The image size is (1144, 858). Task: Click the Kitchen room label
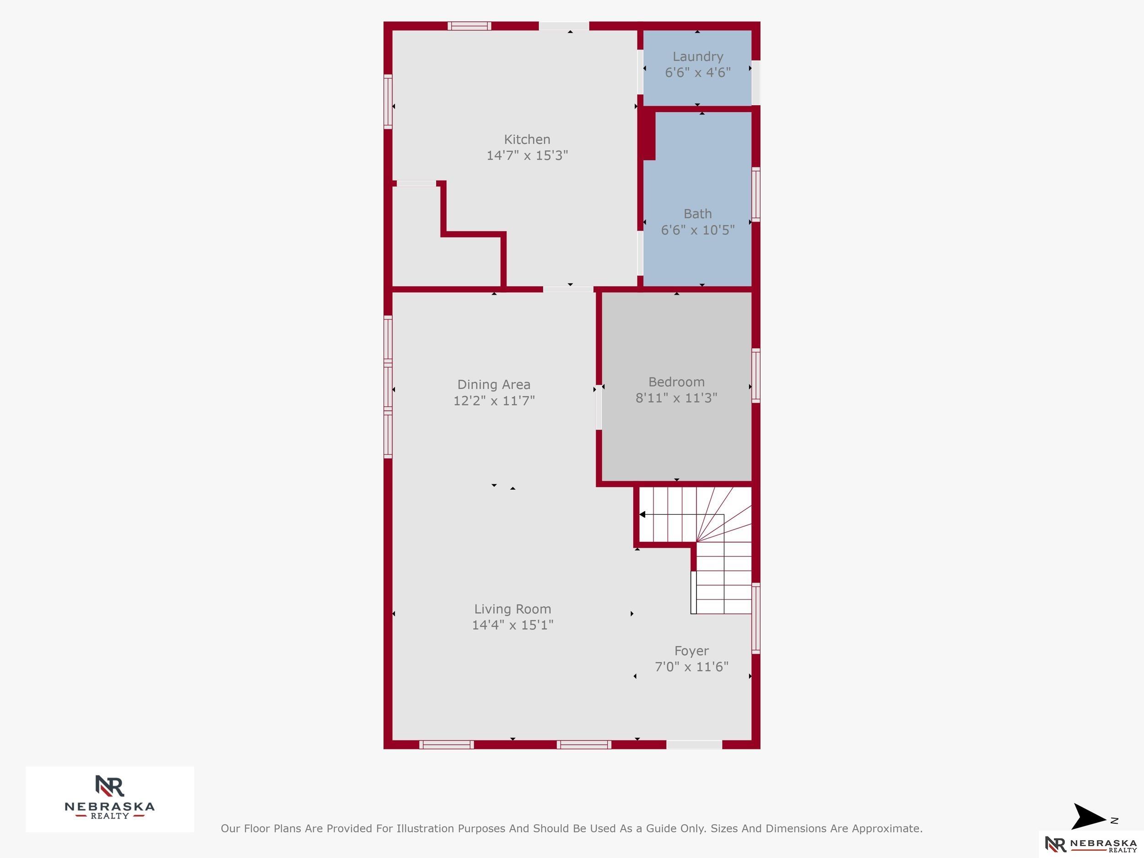click(x=527, y=140)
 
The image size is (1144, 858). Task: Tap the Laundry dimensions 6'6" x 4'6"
click(x=698, y=72)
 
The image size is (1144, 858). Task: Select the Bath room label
click(x=698, y=214)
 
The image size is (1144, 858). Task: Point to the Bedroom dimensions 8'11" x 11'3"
click(x=676, y=398)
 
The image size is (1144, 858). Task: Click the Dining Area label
click(x=494, y=385)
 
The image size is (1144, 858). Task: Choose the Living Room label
click(x=513, y=609)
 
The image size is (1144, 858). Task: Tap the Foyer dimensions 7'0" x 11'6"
click(x=691, y=667)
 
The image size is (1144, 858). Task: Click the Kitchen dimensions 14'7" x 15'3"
click(x=527, y=155)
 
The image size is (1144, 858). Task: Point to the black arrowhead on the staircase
click(x=642, y=515)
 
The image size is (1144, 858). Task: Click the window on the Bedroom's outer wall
click(x=755, y=376)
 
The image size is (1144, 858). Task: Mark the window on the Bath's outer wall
click(x=755, y=194)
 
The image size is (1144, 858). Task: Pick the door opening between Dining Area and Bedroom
click(x=599, y=406)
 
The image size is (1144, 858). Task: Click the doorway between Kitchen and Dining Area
click(x=568, y=289)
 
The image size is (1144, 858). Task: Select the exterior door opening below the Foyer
click(x=694, y=745)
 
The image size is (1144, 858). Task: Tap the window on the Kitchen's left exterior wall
click(x=388, y=102)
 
